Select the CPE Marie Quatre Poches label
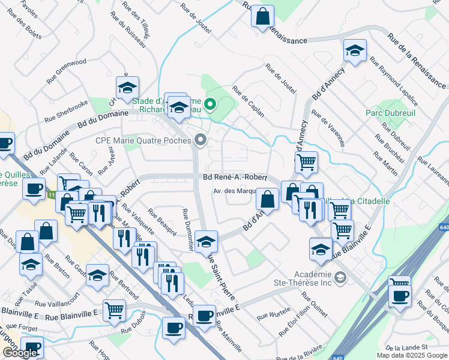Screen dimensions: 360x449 click(x=143, y=141)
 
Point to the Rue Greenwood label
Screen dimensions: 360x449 click(x=67, y=71)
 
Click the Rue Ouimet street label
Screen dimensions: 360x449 click(x=315, y=305)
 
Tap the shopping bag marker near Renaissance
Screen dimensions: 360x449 click(x=263, y=16)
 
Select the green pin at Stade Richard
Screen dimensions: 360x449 click(x=209, y=106)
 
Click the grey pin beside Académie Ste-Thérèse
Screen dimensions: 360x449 click(x=340, y=277)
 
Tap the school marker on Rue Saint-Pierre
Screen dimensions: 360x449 click(x=206, y=241)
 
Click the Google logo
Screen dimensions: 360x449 click(x=20, y=353)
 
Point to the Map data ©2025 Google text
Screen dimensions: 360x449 click(x=411, y=355)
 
